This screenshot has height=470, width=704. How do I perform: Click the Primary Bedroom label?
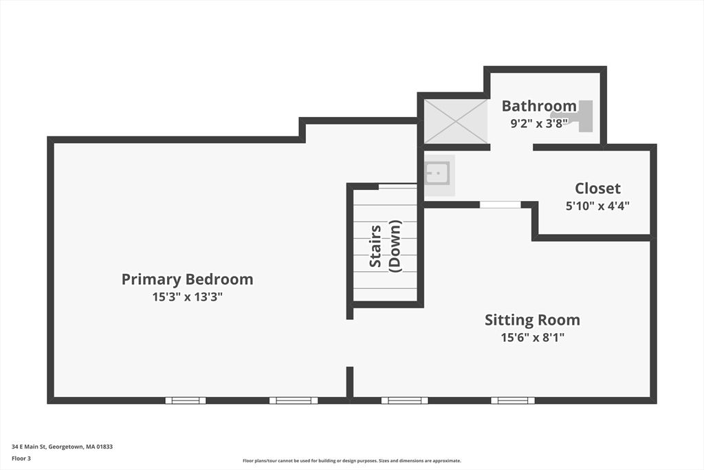click(x=187, y=279)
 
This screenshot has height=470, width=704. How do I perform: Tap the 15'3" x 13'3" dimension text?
click(x=187, y=297)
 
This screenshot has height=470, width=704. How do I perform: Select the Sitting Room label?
click(x=532, y=320)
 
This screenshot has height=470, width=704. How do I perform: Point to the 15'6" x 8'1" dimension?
click(x=532, y=337)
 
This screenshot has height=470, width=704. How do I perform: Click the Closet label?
click(x=597, y=189)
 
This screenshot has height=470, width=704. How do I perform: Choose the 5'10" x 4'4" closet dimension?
click(x=597, y=205)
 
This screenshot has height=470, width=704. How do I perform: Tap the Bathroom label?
click(x=538, y=106)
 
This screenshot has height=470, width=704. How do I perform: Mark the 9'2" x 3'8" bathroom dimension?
click(x=538, y=124)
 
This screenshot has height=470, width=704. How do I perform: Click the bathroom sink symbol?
click(x=437, y=173)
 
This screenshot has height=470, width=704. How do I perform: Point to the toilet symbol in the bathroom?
click(x=579, y=116)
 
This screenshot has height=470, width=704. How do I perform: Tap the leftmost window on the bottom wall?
click(x=186, y=400)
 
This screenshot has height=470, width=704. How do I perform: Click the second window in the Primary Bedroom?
click(x=294, y=400)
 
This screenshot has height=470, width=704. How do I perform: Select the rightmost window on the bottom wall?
click(x=513, y=400)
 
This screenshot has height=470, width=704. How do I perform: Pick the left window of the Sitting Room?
click(x=404, y=400)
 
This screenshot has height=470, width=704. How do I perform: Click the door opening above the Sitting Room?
click(x=500, y=204)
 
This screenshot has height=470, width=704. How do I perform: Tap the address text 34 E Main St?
click(x=62, y=447)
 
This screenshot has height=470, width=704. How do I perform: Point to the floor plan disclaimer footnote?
click(x=351, y=461)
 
